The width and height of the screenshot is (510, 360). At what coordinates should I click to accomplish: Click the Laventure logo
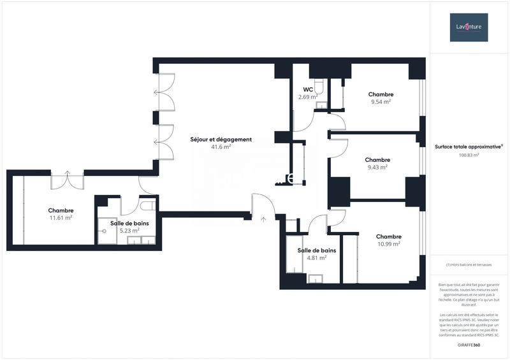[469, 27]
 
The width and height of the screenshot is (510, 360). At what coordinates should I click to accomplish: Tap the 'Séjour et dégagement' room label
[221, 140]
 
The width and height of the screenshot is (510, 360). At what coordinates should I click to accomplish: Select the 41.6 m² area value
[221, 147]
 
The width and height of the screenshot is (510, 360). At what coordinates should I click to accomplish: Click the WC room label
[307, 89]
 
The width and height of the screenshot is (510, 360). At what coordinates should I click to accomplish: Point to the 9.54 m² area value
[381, 101]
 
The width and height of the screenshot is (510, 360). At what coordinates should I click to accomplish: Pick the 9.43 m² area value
[377, 167]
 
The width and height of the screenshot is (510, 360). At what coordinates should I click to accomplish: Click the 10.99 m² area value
[388, 243]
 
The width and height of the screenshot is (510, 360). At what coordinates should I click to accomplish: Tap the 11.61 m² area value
[61, 217]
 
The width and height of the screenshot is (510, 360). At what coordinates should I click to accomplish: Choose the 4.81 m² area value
[317, 257]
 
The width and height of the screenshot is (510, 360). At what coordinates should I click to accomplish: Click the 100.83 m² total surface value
[466, 154]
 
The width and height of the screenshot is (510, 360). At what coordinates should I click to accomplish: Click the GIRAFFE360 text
[469, 344]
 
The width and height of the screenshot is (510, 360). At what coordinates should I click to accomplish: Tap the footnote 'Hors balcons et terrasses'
[469, 264]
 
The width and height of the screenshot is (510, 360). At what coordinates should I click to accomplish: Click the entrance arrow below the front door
[263, 219]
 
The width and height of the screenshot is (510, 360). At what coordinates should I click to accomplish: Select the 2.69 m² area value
[308, 97]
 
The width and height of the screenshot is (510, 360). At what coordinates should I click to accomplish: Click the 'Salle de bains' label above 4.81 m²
[317, 250]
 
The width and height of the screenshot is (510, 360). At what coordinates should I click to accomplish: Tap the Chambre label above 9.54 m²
[381, 94]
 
